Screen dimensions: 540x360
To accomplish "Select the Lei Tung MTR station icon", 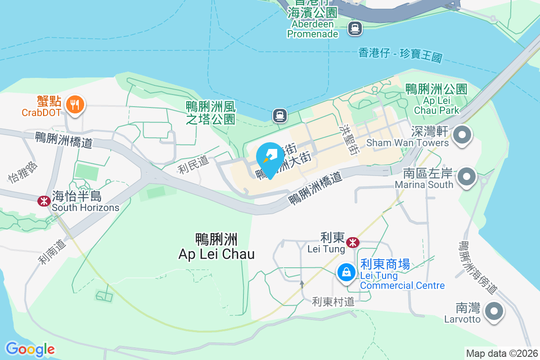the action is [353, 243].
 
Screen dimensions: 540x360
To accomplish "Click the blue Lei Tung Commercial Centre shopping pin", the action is [346, 272].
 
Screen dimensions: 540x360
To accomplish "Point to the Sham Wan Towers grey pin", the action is [462, 135].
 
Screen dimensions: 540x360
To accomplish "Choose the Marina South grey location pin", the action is [467, 177].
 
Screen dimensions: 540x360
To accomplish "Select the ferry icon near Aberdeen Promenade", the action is [355, 29].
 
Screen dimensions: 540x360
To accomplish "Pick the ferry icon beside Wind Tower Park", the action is [280, 116].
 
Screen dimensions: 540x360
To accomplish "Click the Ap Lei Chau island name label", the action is [216, 246].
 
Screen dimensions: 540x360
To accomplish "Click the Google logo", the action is [30, 349].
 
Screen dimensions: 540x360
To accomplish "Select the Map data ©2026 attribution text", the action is [502, 354].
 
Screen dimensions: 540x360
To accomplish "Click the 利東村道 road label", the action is [333, 301].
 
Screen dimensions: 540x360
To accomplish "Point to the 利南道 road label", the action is [51, 252].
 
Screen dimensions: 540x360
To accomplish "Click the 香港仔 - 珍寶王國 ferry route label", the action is [400, 55].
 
